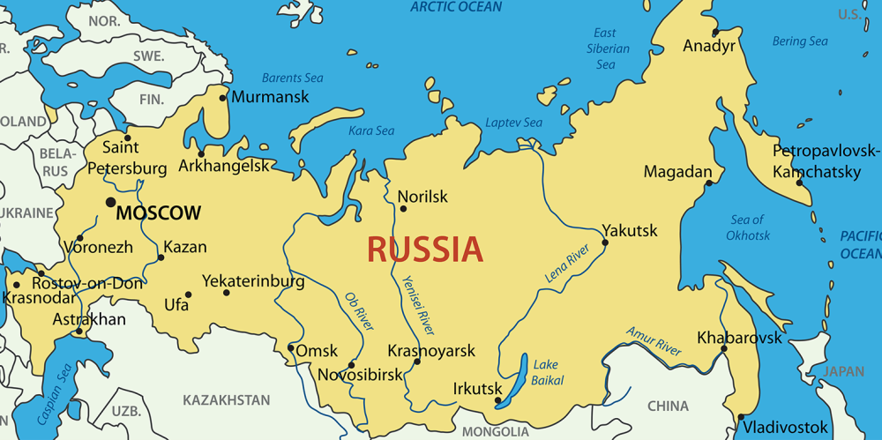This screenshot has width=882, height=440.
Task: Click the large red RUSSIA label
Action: (x=425, y=250)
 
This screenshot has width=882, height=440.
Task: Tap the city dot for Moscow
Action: (x=110, y=203)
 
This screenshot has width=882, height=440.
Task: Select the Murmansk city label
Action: (x=270, y=97)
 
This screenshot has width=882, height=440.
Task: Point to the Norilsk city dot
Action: (x=403, y=209)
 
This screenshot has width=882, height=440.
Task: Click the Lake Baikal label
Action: (x=547, y=372)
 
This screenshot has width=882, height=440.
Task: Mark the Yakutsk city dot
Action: (x=605, y=242)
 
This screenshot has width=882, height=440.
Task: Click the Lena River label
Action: (x=567, y=265)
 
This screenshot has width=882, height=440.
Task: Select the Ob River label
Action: (x=359, y=312)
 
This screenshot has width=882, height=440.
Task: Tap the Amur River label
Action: (x=654, y=341)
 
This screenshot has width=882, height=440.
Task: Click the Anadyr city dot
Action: (x=691, y=34)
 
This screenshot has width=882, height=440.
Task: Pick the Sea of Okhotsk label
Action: (x=748, y=227)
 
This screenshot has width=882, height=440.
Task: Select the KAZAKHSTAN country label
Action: (x=227, y=400)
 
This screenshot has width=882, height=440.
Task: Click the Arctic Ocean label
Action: (x=456, y=7)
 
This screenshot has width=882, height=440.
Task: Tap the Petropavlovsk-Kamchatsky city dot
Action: (x=800, y=181)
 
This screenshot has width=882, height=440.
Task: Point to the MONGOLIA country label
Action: (x=496, y=432)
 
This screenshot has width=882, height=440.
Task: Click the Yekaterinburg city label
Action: (x=253, y=281)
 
